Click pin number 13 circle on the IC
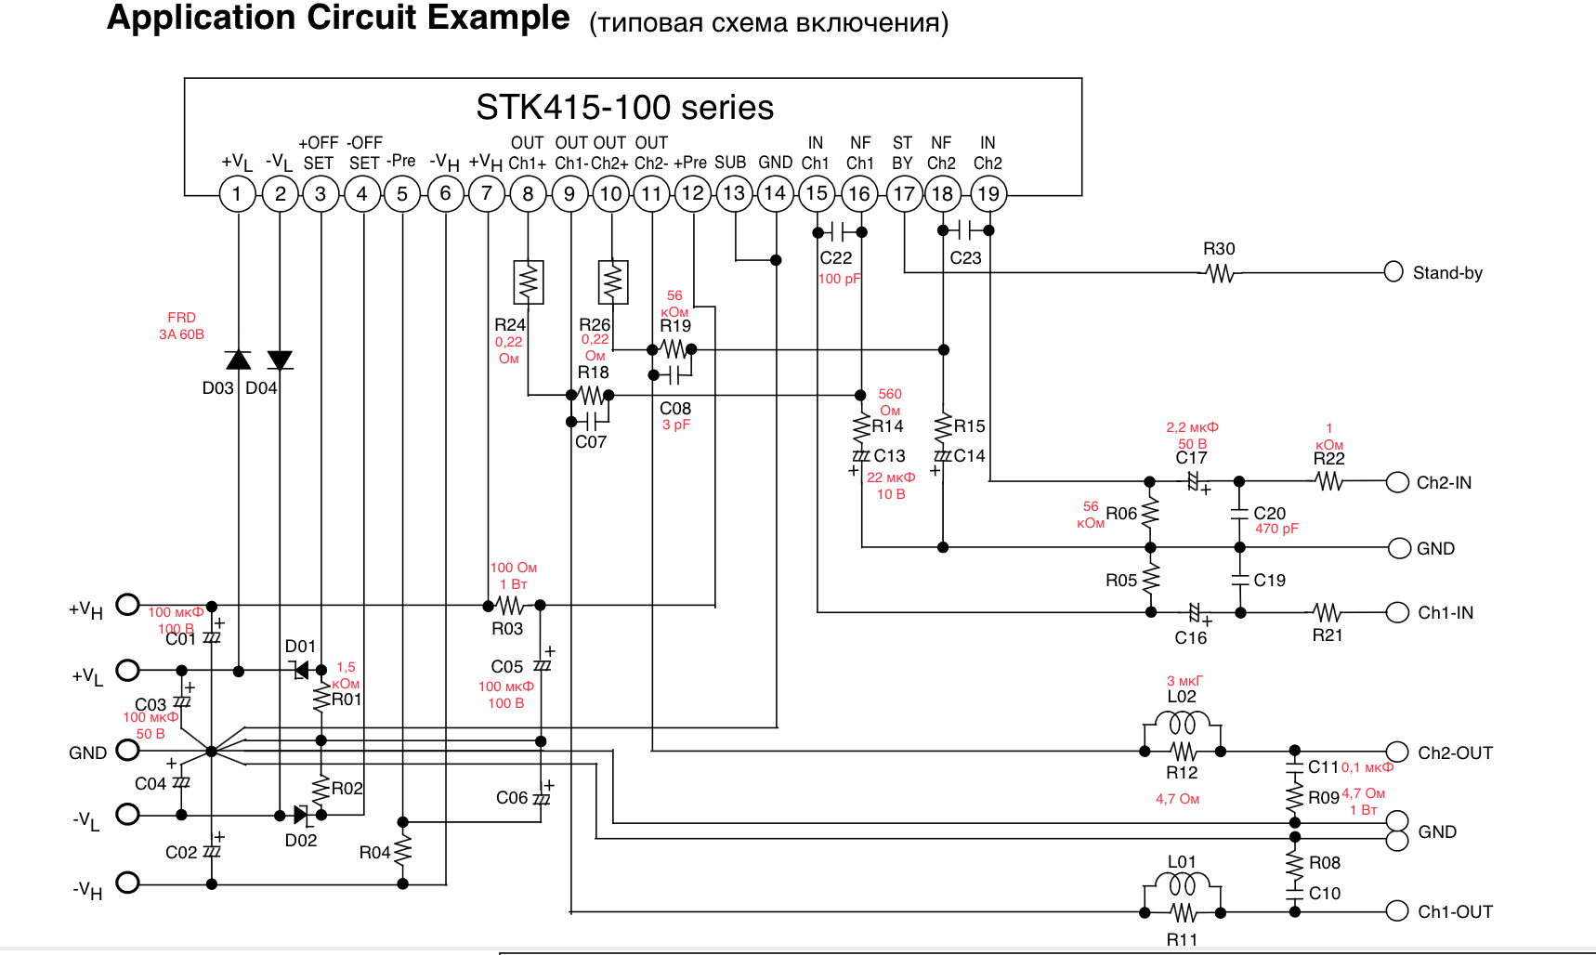point(734,193)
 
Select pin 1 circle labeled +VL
point(237,193)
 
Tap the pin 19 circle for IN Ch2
point(988,193)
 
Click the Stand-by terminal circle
point(1393,271)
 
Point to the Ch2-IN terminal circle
point(1397,482)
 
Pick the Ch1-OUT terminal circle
point(1397,911)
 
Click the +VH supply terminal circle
point(127,605)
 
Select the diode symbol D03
point(238,360)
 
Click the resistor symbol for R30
point(1219,273)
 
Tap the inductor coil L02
point(1182,723)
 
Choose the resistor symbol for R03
point(510,606)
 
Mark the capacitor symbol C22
point(840,231)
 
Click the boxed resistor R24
point(528,282)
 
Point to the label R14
point(887,426)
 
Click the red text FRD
point(181,318)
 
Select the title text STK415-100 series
point(624,108)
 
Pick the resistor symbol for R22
point(1328,481)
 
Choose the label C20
point(1269,513)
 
